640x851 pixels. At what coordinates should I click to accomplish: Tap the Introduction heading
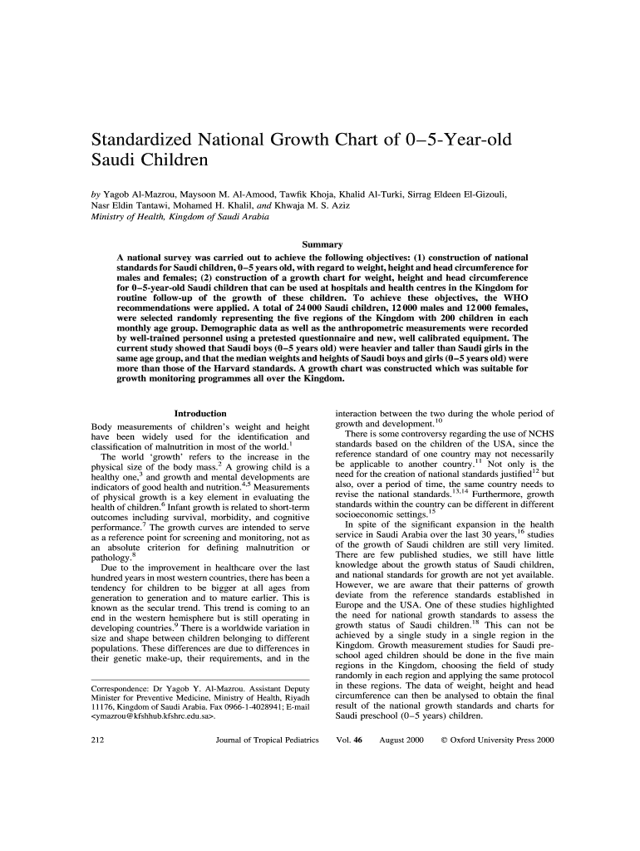tap(199, 413)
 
